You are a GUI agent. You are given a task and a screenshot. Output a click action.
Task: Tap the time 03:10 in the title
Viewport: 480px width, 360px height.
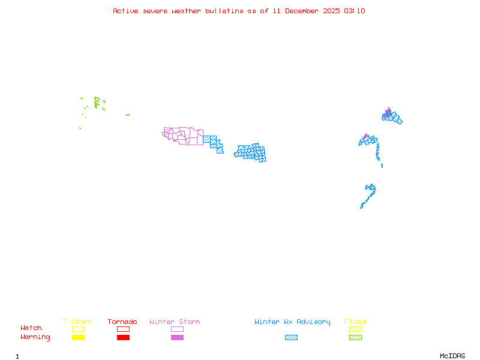(x=355, y=11)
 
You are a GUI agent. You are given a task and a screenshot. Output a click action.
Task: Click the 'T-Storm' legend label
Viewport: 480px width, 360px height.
(x=77, y=322)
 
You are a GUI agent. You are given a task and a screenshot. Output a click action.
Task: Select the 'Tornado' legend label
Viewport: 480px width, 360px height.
(x=122, y=322)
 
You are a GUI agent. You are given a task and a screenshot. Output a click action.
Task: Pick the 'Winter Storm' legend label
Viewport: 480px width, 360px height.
(x=175, y=322)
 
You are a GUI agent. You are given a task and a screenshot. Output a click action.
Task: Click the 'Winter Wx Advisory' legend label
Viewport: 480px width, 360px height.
(x=292, y=322)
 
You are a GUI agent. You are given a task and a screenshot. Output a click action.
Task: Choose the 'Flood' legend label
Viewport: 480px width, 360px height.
(x=355, y=322)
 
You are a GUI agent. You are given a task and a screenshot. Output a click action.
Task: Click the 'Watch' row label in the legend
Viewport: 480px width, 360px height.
(x=31, y=328)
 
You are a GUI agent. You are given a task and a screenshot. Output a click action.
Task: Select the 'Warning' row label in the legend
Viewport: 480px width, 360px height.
(x=35, y=337)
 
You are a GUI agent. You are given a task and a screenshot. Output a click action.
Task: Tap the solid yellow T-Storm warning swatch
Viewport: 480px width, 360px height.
(x=78, y=338)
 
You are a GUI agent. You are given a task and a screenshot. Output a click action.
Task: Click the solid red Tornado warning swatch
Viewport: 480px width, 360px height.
(x=123, y=338)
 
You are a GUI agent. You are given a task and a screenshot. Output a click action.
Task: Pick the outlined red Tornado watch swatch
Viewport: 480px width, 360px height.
(x=123, y=329)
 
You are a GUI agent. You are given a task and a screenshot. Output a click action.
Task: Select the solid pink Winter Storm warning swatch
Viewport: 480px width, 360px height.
(x=177, y=338)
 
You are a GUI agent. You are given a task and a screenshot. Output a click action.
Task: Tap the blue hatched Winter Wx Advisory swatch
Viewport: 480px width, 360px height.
(x=291, y=338)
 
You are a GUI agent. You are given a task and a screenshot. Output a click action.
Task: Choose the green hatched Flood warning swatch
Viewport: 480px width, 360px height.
(x=355, y=338)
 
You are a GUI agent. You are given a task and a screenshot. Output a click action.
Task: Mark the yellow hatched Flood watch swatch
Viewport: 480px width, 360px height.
(x=355, y=329)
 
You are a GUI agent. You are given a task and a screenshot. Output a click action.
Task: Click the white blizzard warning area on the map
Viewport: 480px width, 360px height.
(x=381, y=160)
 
